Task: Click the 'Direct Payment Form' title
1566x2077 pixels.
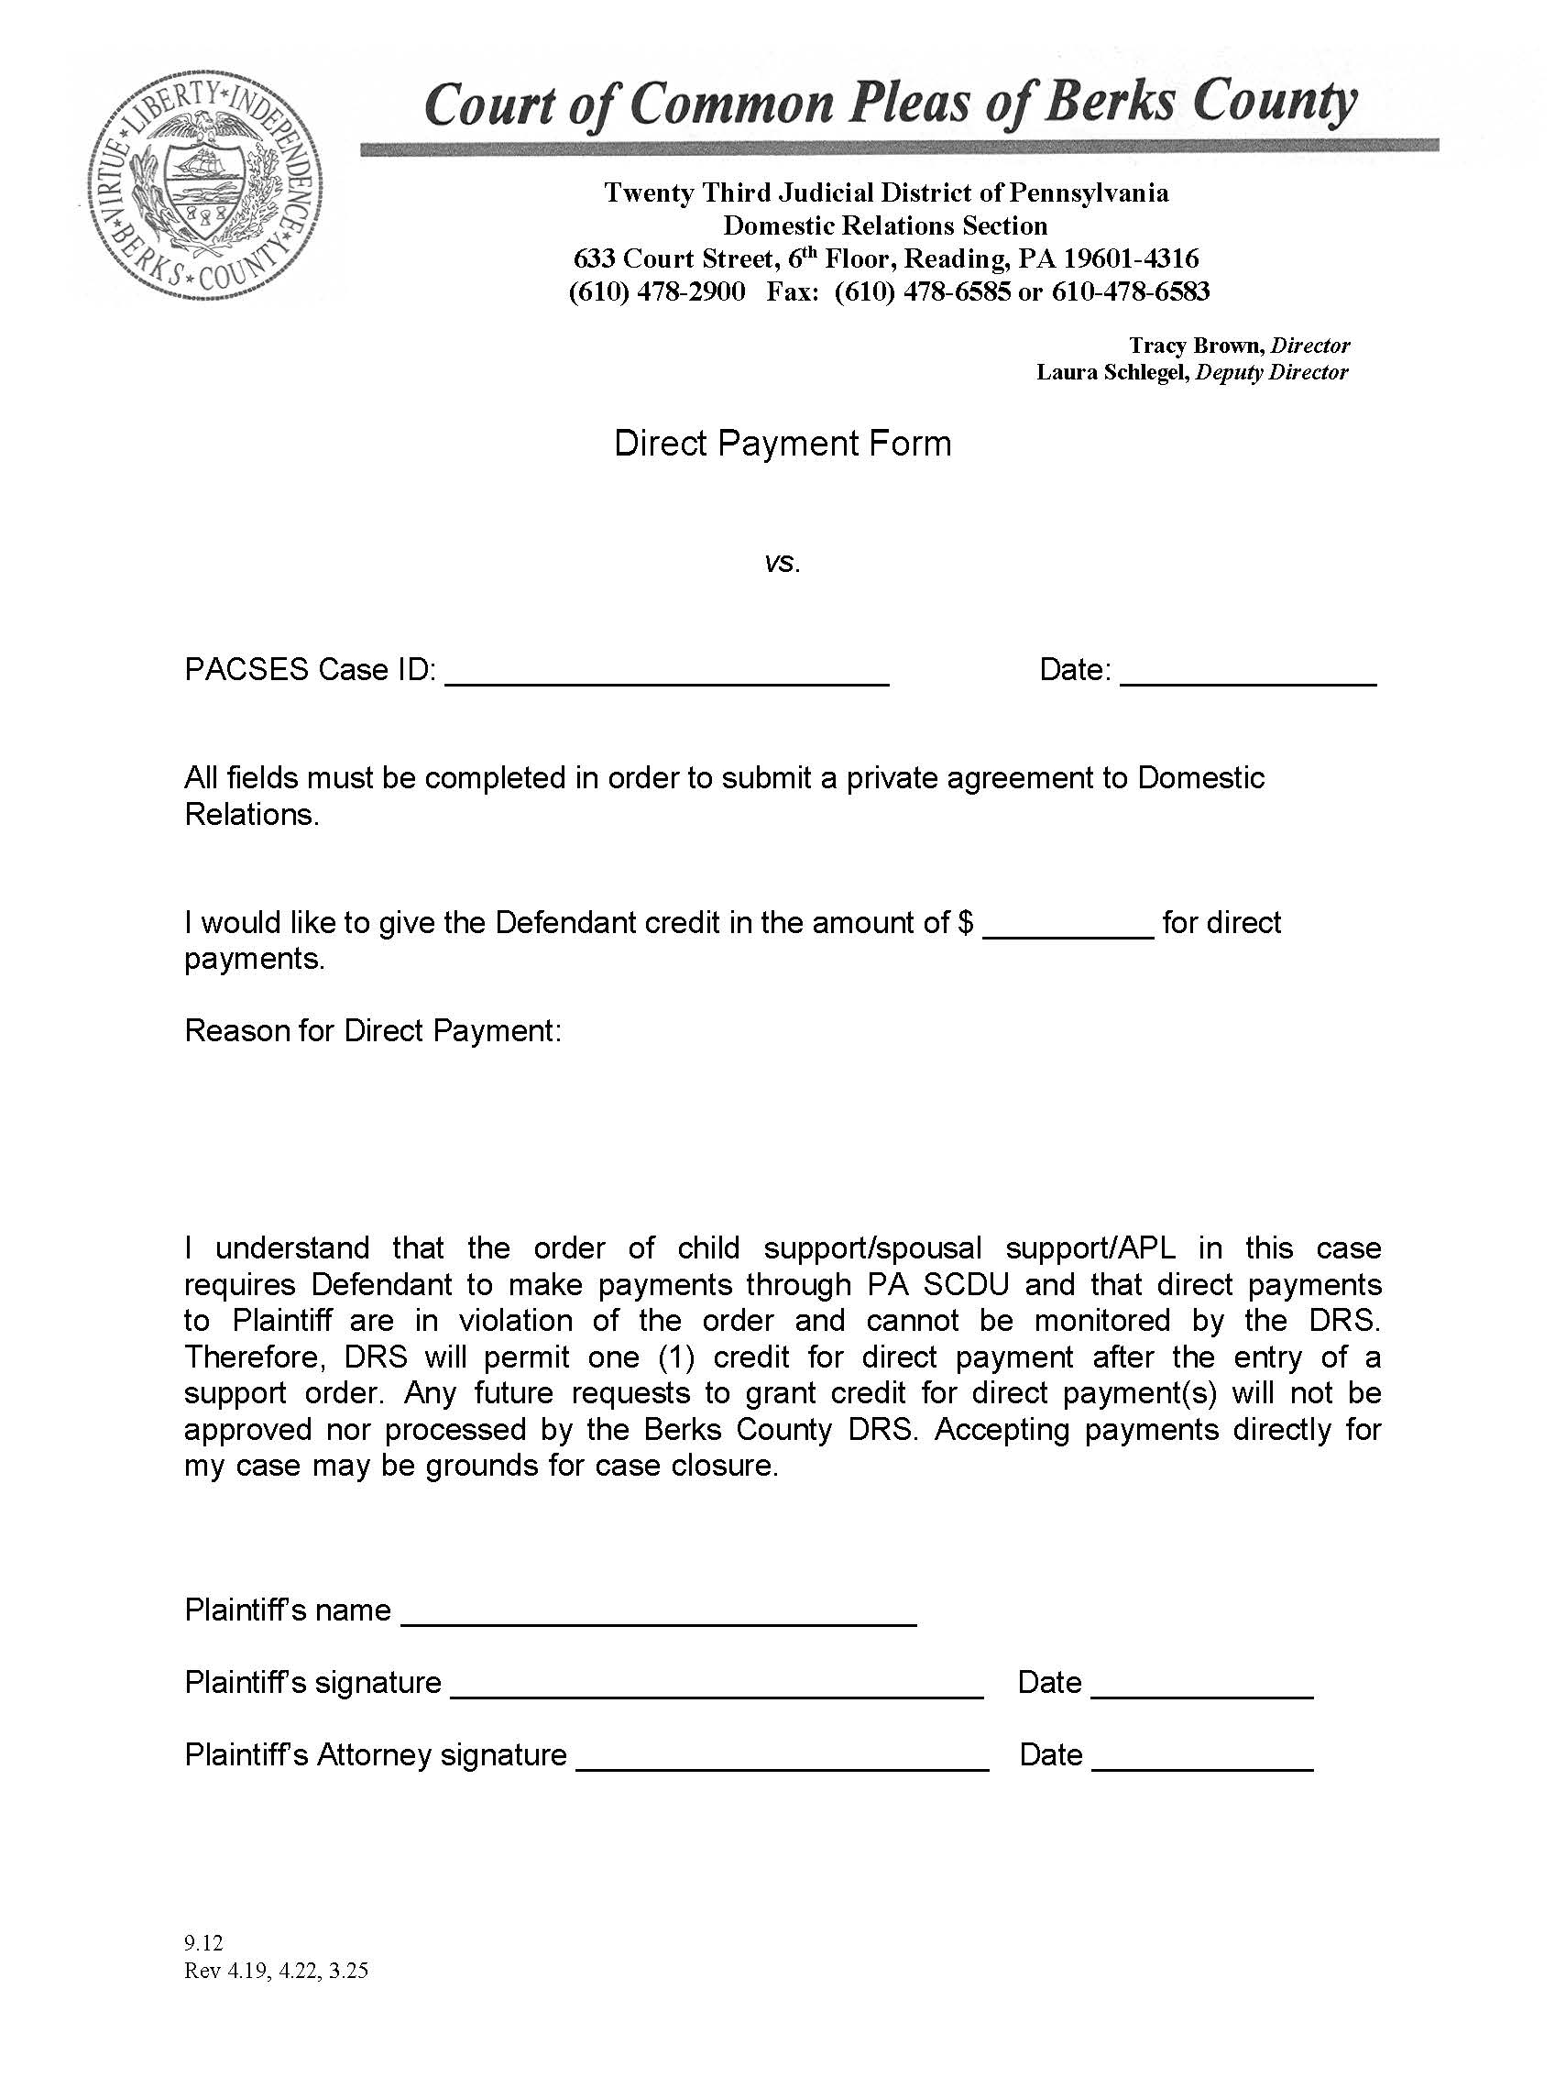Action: (x=782, y=444)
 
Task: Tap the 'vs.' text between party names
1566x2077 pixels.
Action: (x=782, y=564)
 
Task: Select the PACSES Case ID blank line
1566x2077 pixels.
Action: (x=666, y=678)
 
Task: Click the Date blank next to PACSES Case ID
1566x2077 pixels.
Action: (x=1248, y=678)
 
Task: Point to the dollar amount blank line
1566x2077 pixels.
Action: (x=1068, y=929)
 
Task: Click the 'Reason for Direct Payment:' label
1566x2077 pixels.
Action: (x=373, y=1031)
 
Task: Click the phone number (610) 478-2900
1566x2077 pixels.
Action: (x=657, y=292)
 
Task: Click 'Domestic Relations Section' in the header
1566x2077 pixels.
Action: (x=884, y=226)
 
